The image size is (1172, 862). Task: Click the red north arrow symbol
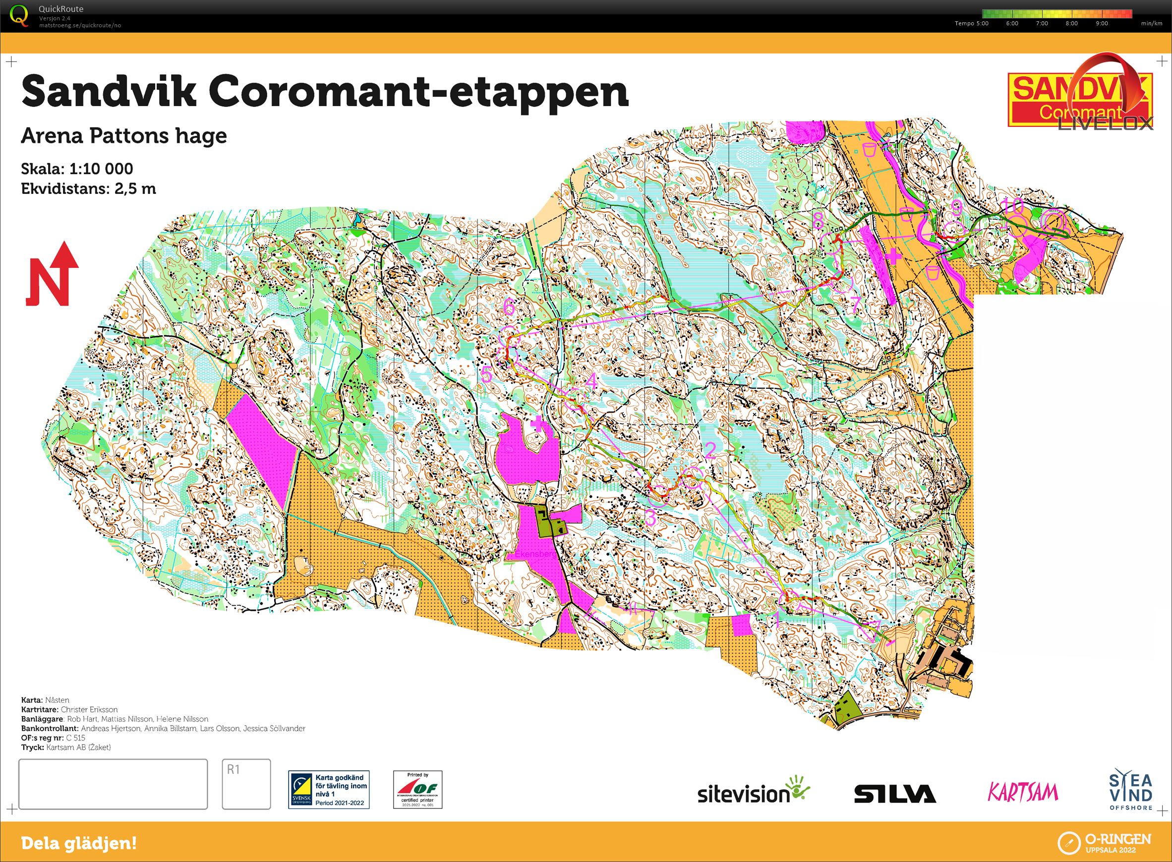tap(52, 274)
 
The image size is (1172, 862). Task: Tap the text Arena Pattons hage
tap(123, 136)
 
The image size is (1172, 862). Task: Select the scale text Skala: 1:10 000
tap(77, 169)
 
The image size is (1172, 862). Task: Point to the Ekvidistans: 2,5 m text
tap(88, 188)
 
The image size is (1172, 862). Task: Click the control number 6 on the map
tap(509, 307)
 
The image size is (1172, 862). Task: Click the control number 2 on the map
tap(710, 450)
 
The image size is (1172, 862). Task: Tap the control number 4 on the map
tap(591, 381)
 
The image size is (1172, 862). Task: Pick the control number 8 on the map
tap(818, 220)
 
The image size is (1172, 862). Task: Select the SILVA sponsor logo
tap(894, 794)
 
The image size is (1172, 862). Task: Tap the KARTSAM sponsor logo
tap(1022, 792)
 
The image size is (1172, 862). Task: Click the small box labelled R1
tap(246, 783)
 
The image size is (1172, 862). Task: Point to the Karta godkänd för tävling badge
tap(329, 790)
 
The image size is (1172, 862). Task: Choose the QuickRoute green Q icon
tap(19, 15)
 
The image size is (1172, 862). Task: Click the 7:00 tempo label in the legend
tap(1041, 23)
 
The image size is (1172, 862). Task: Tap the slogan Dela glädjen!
tap(79, 843)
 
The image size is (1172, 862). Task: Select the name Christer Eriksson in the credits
tap(89, 709)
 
